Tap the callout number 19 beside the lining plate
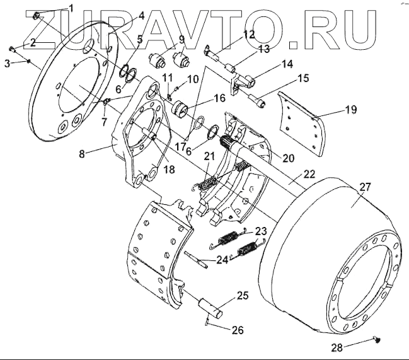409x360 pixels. pyautogui.click(x=351, y=110)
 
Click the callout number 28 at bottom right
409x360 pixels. pyautogui.click(x=337, y=347)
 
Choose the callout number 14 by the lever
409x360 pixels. pyautogui.click(x=287, y=64)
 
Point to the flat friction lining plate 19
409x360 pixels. pyautogui.click(x=301, y=124)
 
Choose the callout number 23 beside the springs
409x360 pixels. pyautogui.click(x=261, y=231)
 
